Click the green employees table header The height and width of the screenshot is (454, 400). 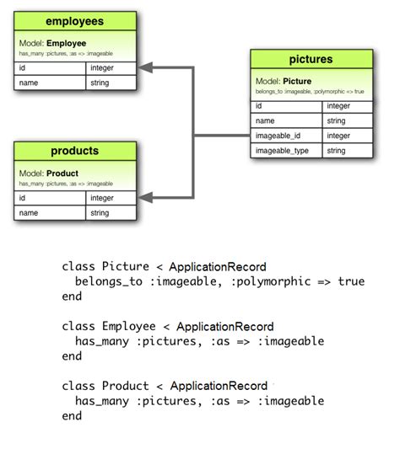[75, 21]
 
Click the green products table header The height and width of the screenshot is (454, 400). [75, 152]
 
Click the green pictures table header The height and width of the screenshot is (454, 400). [311, 60]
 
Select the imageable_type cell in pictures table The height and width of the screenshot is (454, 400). [285, 151]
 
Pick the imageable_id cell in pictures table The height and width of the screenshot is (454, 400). [285, 136]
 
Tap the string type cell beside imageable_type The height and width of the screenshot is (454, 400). [346, 151]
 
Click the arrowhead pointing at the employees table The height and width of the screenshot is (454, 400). [147, 67]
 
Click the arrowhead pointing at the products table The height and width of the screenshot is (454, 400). [147, 198]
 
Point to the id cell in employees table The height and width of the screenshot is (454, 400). [50, 68]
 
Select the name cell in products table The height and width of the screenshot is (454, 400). [50, 214]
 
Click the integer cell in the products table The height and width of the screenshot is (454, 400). [111, 199]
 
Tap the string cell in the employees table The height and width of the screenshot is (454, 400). [111, 83]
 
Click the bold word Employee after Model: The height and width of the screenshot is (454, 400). [67, 42]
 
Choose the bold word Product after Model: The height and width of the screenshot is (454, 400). [62, 173]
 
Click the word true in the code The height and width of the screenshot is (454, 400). [351, 281]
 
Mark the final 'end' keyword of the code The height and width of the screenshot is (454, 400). [72, 416]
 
